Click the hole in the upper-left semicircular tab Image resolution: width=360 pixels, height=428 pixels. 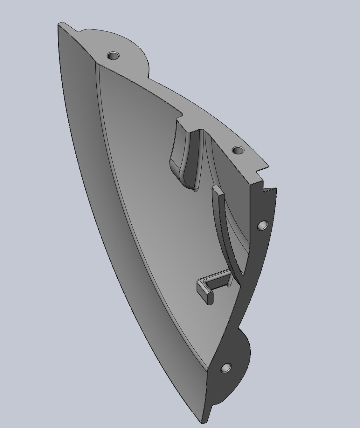click(113, 56)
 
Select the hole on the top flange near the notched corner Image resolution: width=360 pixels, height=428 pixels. click(238, 150)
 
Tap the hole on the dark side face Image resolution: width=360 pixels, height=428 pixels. click(263, 225)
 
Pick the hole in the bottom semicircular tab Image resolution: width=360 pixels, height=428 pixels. click(226, 368)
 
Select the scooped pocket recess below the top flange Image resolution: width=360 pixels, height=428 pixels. click(184, 156)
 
